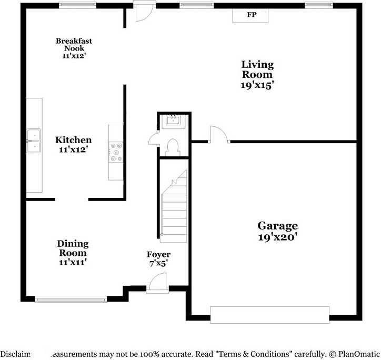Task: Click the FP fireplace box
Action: click(252, 15)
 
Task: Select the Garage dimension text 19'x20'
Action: click(277, 237)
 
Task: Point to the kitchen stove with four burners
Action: click(116, 152)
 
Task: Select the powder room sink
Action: click(173, 121)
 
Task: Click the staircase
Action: click(174, 208)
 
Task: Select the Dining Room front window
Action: click(71, 299)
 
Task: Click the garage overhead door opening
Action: click(269, 314)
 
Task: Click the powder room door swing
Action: click(153, 139)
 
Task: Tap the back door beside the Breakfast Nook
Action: click(142, 12)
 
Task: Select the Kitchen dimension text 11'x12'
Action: click(74, 149)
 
